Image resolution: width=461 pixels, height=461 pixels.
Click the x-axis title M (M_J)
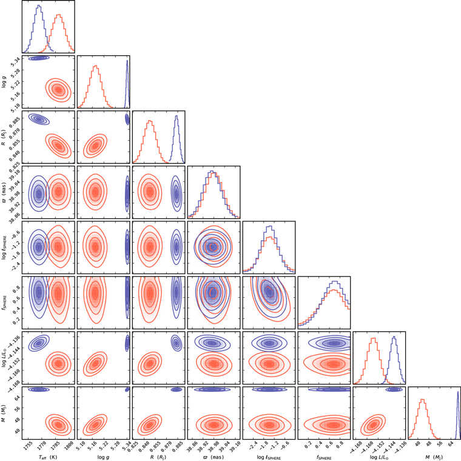[x=433, y=456]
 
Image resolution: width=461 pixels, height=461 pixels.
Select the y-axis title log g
[x=5, y=82]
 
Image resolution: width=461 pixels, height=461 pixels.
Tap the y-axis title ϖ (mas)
[x=5, y=193]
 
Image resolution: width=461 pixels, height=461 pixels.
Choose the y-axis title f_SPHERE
[x=5, y=303]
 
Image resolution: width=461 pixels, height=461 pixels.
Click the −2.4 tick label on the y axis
[x=16, y=264]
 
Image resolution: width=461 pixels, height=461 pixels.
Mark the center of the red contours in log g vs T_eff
[x=58, y=90]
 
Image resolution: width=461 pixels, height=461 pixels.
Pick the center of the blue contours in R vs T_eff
[x=39, y=119]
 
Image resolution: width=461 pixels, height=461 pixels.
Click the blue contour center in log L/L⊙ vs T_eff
[x=38, y=343]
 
